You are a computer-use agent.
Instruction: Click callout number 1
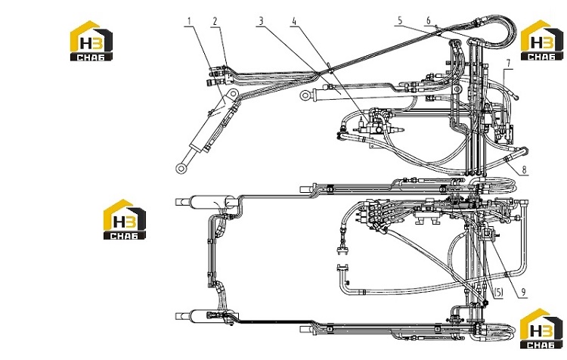coord(188,21)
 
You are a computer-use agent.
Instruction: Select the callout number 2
coord(215,21)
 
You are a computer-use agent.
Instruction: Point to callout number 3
coord(261,21)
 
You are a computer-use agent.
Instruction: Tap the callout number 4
coord(294,21)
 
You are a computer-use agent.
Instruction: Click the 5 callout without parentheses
coord(400,20)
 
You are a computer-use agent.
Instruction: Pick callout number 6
coord(429,20)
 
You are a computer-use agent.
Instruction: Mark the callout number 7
coord(509,64)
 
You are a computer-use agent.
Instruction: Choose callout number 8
coord(524,169)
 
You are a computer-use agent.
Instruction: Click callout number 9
coord(523,293)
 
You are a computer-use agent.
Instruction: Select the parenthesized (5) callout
coord(498,293)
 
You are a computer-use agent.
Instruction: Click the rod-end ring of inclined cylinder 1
coord(181,168)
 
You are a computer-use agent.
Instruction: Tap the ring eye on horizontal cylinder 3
coord(305,95)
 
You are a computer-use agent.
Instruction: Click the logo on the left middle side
coord(125,219)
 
